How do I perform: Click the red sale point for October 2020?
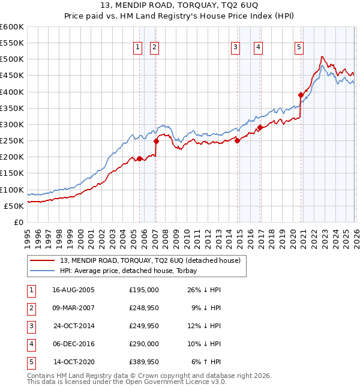coord(301,95)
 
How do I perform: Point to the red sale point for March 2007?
coord(156,141)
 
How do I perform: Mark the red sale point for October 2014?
coord(237,141)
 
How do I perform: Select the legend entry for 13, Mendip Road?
coord(150,260)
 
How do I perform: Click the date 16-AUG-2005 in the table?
coord(73,290)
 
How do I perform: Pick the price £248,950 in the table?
coord(144,308)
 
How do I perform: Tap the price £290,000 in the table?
coord(144,344)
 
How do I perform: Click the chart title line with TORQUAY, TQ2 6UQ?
coord(179,4)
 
